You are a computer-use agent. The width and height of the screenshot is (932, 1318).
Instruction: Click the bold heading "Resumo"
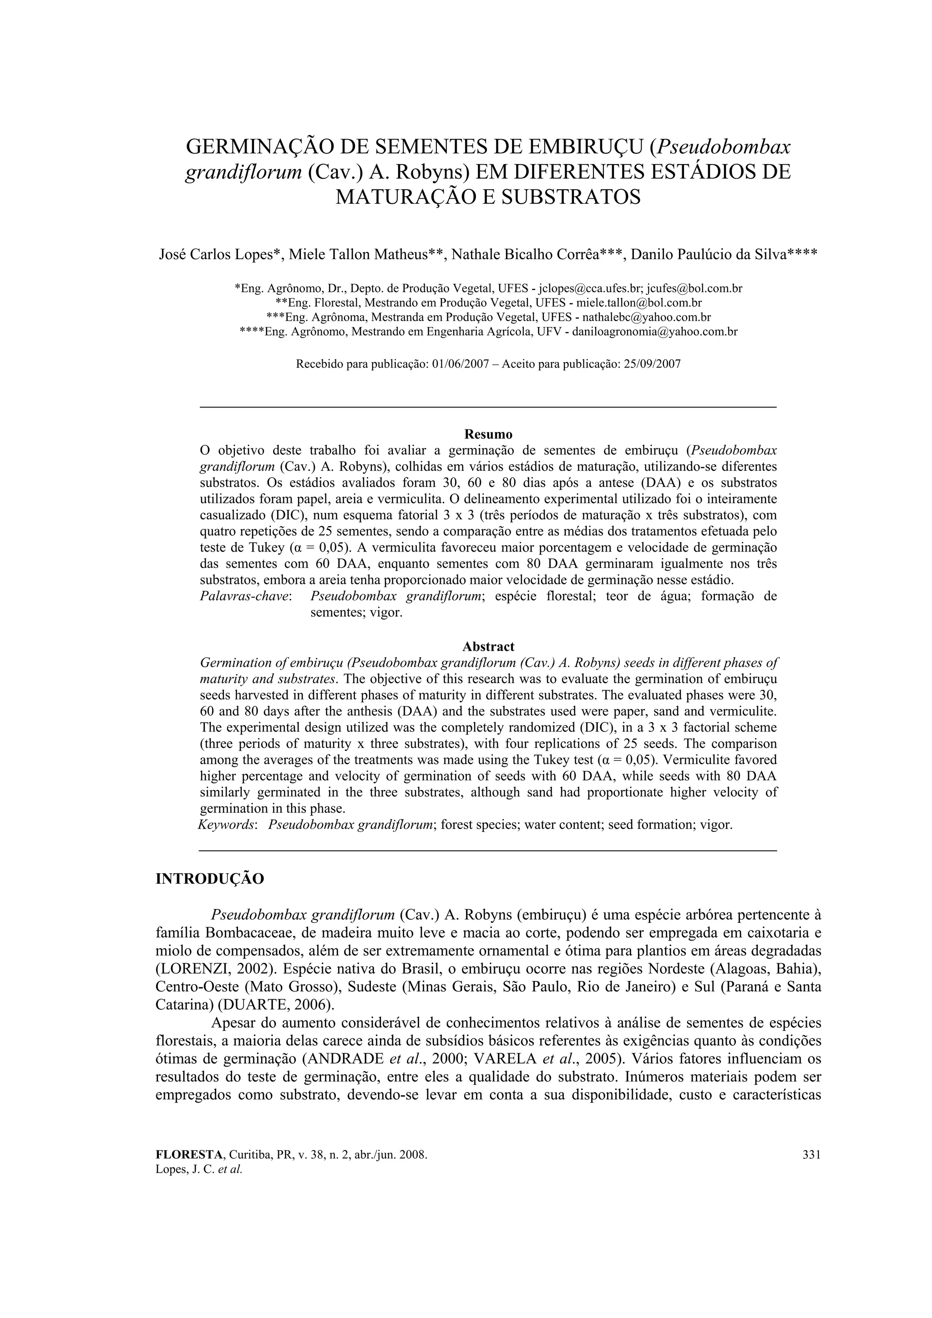(x=488, y=434)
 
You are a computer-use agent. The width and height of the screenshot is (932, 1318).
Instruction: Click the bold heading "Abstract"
(x=488, y=646)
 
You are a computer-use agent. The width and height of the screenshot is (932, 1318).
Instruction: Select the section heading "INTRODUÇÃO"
(x=210, y=879)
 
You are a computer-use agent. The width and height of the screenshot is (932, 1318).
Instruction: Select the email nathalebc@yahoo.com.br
(x=647, y=317)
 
